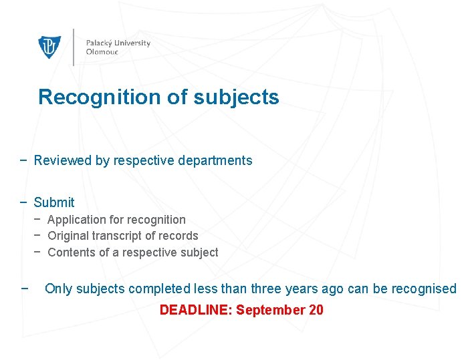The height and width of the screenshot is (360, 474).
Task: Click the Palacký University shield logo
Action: click(x=49, y=47)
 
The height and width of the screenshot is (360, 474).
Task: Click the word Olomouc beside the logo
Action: click(x=102, y=52)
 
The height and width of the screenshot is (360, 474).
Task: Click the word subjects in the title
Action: click(x=236, y=98)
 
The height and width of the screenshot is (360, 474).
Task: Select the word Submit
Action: click(x=54, y=202)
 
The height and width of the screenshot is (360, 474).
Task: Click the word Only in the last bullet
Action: click(x=58, y=289)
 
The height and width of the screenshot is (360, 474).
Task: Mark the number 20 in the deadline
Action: click(x=316, y=310)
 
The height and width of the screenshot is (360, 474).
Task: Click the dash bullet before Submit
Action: click(x=24, y=202)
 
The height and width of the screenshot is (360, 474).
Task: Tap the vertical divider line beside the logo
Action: click(x=74, y=47)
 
